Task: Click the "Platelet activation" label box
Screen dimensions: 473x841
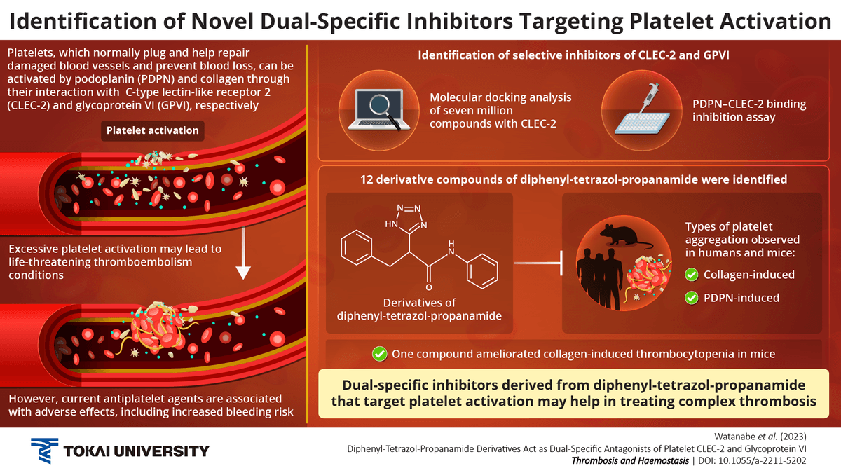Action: click(x=153, y=130)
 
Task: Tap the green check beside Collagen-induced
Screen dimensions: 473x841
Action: click(x=692, y=274)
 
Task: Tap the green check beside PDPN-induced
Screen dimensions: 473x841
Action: click(x=692, y=298)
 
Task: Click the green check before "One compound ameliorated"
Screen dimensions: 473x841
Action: click(x=380, y=354)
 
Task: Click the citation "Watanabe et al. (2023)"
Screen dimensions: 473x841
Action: click(x=779, y=434)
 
